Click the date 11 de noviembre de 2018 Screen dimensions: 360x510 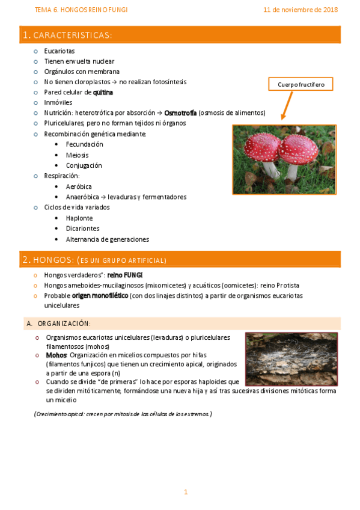pyautogui.click(x=300, y=10)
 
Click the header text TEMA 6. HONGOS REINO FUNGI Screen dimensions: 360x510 pyautogui.click(x=81, y=10)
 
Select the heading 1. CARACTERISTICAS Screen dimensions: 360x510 pyautogui.click(x=67, y=35)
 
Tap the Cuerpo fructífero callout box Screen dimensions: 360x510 pyautogui.click(x=301, y=85)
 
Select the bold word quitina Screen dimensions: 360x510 pyautogui.click(x=103, y=93)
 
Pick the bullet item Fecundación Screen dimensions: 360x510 pyautogui.click(x=84, y=144)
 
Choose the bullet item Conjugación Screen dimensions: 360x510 pyautogui.click(x=84, y=165)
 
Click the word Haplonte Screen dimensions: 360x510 pyautogui.click(x=79, y=218)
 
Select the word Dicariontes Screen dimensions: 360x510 pyautogui.click(x=82, y=229)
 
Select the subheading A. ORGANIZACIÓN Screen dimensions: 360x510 pyautogui.click(x=58, y=324)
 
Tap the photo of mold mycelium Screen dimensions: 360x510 pyautogui.click(x=291, y=359)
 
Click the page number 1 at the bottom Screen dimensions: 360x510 pyautogui.click(x=186, y=492)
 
